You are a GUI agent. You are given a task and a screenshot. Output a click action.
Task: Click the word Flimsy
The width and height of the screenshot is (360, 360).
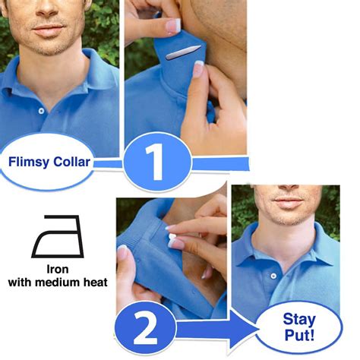point(30,161)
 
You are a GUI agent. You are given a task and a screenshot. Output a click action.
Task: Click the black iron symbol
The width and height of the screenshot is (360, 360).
point(57,236)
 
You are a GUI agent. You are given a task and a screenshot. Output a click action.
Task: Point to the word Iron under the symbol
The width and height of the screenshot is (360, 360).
point(58,269)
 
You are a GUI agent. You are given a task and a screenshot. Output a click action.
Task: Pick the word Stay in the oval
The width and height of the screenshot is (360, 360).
point(299,320)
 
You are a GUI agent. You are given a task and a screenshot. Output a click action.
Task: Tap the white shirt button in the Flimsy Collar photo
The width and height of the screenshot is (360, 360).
point(41,110)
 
